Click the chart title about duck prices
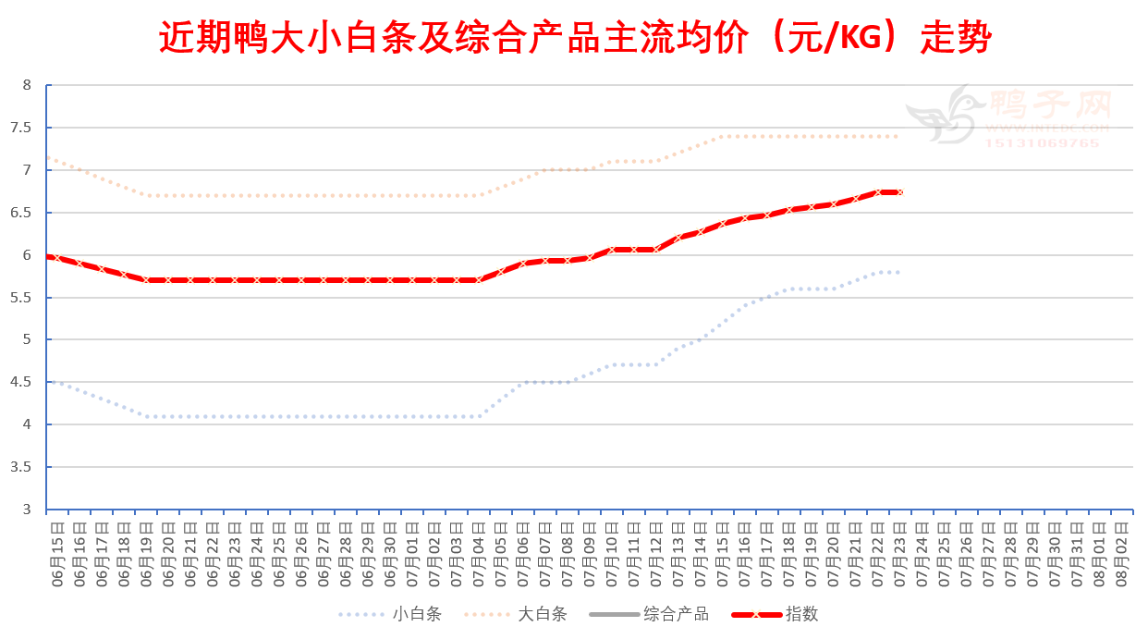click(574, 39)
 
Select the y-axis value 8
click(27, 85)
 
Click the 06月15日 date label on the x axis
click(57, 549)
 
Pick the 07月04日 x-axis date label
click(480, 549)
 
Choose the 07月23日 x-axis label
click(901, 549)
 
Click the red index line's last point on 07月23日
click(898, 192)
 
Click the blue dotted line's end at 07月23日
click(898, 272)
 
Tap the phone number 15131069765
click(1042, 143)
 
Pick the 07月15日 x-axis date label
click(724, 549)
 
